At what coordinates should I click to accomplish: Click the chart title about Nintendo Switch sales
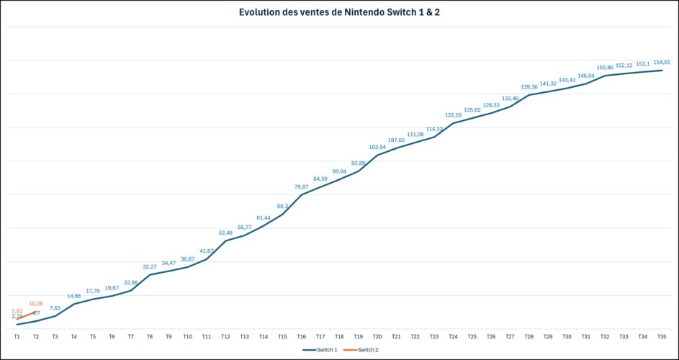tap(339, 12)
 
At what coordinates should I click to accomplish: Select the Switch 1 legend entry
tap(321, 349)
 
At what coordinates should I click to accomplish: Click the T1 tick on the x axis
tap(17, 336)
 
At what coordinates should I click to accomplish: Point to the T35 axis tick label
tap(662, 336)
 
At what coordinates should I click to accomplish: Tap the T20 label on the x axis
tap(377, 336)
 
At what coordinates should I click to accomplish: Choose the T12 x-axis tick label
tap(225, 336)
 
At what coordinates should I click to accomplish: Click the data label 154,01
tap(661, 63)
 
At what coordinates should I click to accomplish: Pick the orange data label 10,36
tap(36, 304)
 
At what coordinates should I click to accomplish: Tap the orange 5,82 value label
tap(17, 311)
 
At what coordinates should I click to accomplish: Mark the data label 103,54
tap(377, 147)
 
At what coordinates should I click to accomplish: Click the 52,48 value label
tap(225, 233)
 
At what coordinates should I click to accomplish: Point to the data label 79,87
tap(301, 186)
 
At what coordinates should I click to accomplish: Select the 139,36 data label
tap(529, 87)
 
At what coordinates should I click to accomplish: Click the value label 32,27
tap(150, 266)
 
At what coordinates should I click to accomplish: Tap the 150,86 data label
tap(605, 68)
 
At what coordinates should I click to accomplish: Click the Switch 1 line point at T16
tap(301, 194)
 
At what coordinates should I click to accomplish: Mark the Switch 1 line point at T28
tap(529, 95)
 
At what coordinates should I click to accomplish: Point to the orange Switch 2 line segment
tap(27, 315)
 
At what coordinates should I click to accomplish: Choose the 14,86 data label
tap(74, 296)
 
